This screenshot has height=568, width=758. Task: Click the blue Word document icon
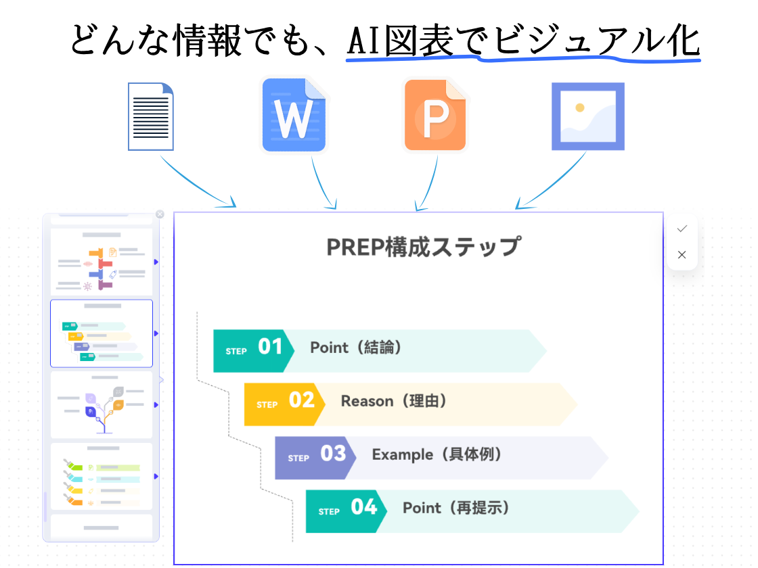click(294, 115)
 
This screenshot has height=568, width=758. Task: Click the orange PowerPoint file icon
click(436, 115)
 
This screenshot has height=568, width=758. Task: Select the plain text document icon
click(151, 116)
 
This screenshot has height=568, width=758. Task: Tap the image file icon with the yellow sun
click(587, 116)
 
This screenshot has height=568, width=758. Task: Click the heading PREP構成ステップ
click(424, 246)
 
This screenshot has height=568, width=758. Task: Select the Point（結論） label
click(356, 348)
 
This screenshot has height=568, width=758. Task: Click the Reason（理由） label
click(394, 401)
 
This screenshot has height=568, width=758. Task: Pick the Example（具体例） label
click(437, 454)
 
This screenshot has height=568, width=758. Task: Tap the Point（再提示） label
click(456, 508)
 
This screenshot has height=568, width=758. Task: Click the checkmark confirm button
click(682, 229)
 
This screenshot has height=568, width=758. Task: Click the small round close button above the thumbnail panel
click(160, 214)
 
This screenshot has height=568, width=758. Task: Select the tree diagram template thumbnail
click(102, 404)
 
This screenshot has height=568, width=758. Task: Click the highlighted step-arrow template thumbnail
click(102, 333)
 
